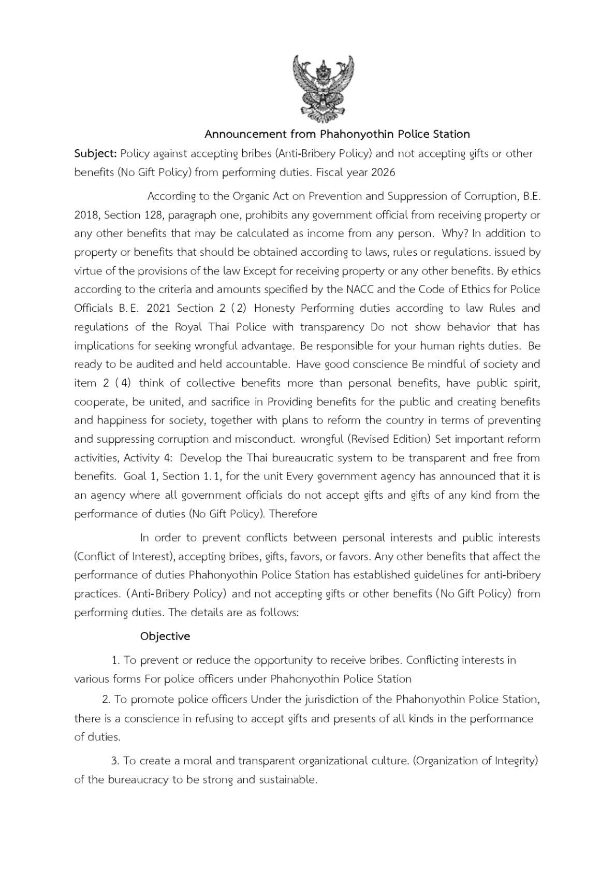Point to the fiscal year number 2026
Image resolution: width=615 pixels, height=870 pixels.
coord(383,172)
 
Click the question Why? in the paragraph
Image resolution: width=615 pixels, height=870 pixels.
coord(454,234)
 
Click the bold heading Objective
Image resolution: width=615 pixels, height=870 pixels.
coord(165,636)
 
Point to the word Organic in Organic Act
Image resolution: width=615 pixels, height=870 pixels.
coord(251,196)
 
